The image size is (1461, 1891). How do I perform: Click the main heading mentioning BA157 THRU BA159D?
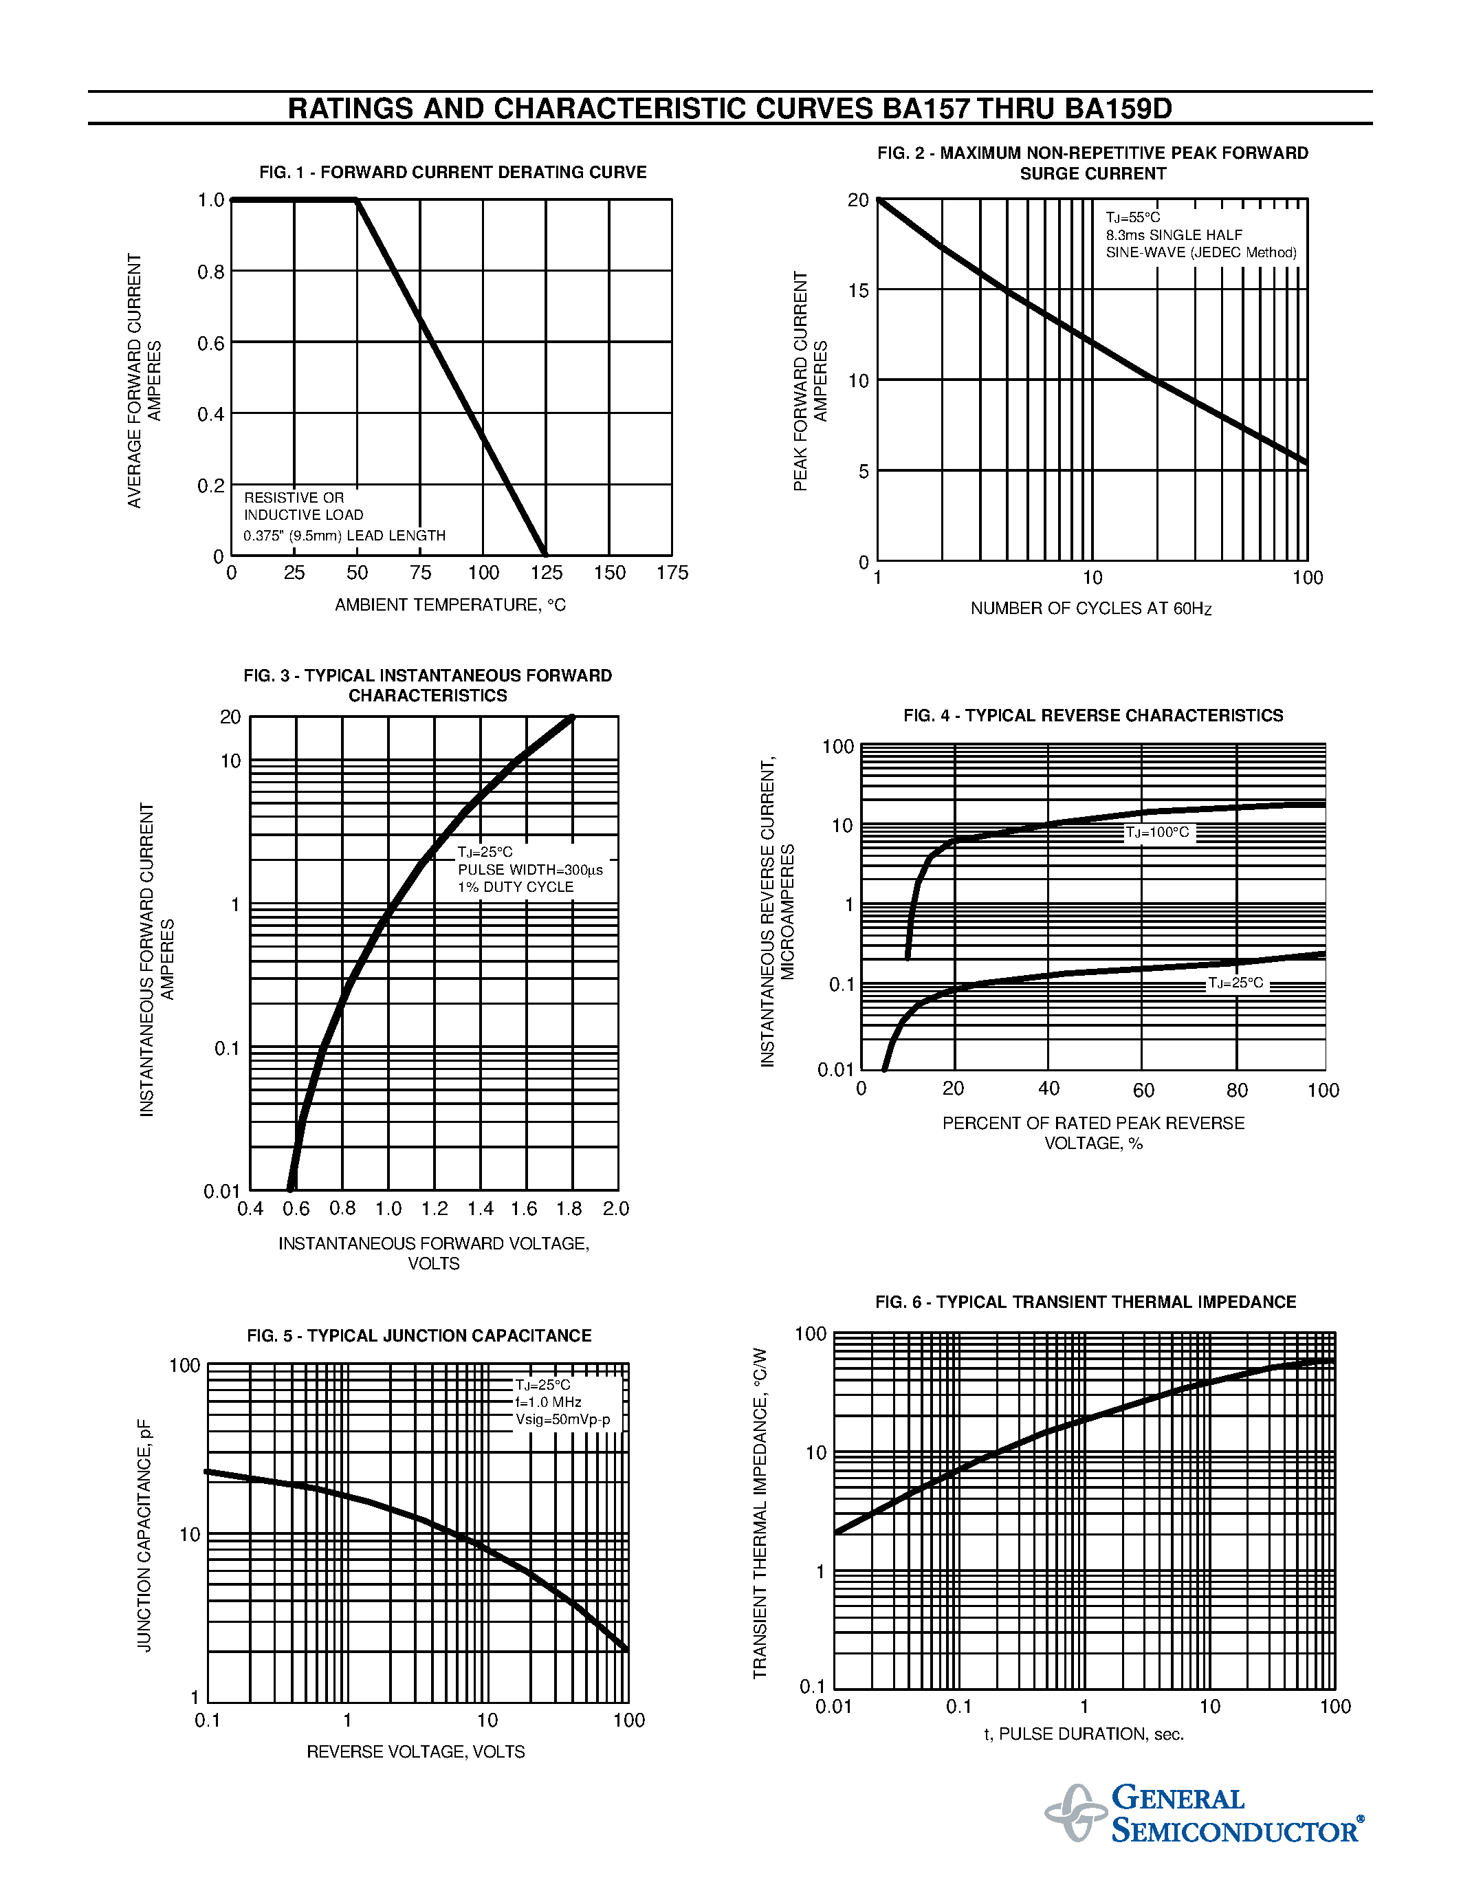[x=729, y=109]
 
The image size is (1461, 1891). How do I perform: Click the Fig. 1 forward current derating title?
[x=452, y=173]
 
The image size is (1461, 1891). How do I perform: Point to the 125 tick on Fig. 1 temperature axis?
[x=546, y=572]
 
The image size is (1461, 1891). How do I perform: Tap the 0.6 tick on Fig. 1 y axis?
[x=210, y=344]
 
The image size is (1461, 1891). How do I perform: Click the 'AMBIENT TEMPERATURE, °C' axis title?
[x=450, y=605]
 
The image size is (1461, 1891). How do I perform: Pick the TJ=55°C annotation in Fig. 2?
[x=1132, y=217]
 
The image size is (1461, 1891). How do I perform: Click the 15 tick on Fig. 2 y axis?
[x=858, y=291]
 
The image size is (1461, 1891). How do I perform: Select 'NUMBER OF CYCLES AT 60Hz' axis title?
[x=1090, y=609]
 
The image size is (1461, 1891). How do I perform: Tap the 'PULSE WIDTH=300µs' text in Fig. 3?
[x=529, y=869]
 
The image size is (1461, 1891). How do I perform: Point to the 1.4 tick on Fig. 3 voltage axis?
[x=481, y=1209]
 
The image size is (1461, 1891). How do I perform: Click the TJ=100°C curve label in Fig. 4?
[x=1157, y=833]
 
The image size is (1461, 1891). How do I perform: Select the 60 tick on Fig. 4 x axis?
[x=1143, y=1090]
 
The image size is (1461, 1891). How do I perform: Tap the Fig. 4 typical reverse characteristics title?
[x=1093, y=715]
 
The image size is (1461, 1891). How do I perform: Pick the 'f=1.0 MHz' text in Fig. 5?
[x=548, y=1402]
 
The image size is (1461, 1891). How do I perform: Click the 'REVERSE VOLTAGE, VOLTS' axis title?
[x=415, y=1751]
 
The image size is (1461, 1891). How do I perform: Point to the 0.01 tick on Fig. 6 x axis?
[x=833, y=1707]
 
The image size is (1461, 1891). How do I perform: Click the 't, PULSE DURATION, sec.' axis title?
[x=1084, y=1734]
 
